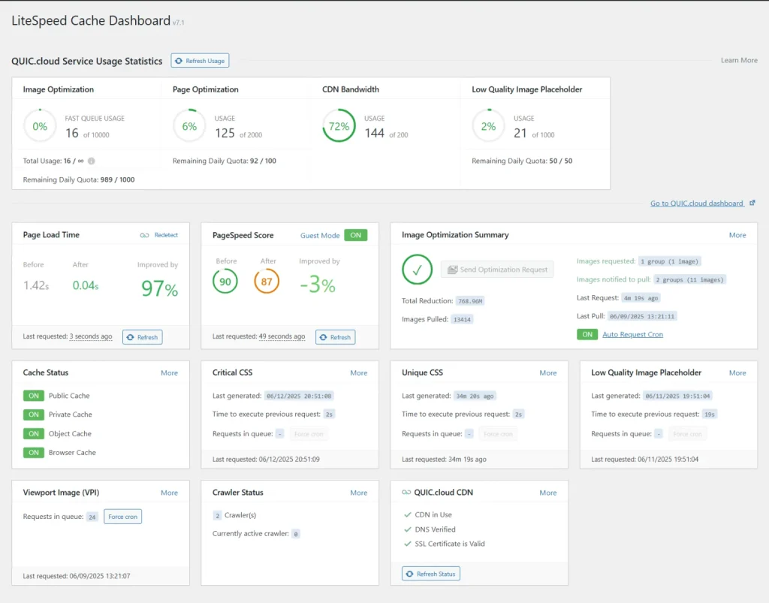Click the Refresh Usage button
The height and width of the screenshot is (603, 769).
(x=200, y=61)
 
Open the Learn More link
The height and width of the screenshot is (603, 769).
(x=739, y=60)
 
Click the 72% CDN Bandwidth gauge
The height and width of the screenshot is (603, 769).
(x=339, y=126)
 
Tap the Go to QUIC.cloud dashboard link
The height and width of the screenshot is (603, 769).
(x=698, y=204)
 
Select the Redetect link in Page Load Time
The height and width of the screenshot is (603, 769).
(x=166, y=235)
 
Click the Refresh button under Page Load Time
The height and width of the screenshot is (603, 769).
(x=143, y=337)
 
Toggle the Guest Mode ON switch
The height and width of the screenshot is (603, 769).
(x=355, y=235)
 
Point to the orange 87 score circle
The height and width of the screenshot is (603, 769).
(x=267, y=282)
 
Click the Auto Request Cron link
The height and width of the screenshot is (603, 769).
(x=632, y=334)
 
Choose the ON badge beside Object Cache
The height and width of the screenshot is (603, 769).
(x=33, y=433)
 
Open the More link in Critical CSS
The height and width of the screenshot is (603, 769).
(x=358, y=372)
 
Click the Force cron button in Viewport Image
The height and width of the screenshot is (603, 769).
(x=122, y=517)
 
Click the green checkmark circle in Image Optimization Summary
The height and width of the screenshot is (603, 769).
(x=417, y=270)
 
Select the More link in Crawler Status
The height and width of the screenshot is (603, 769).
(x=358, y=493)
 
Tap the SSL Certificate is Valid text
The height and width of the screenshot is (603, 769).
(x=450, y=544)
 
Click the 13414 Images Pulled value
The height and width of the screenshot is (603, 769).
(x=461, y=319)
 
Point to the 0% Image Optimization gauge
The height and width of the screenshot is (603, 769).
(x=39, y=126)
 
